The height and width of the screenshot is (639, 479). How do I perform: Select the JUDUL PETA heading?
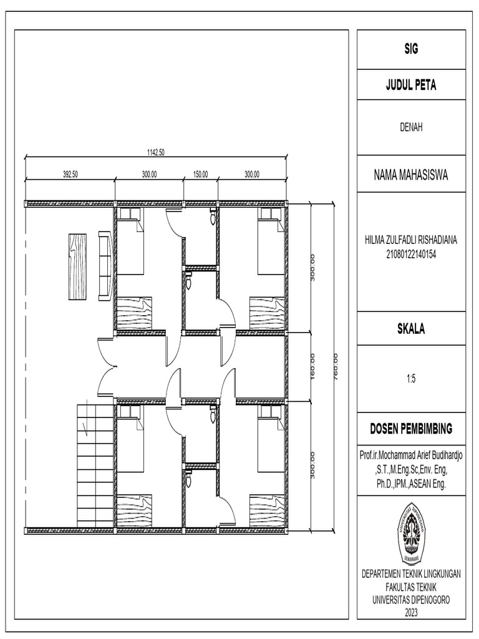[410, 86]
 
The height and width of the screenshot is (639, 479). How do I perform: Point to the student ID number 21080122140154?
[410, 251]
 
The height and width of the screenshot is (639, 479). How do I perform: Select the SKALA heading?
[410, 329]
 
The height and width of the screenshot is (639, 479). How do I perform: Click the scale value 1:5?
[410, 378]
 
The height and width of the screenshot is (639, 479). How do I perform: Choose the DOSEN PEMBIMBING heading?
[410, 429]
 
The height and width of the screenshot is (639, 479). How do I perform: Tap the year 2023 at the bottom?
[410, 613]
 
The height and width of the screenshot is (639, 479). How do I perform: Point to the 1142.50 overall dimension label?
[155, 152]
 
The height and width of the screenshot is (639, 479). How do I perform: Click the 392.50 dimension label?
[70, 175]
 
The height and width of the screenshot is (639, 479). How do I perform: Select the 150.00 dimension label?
[200, 175]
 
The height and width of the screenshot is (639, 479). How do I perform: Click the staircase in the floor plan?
[94, 465]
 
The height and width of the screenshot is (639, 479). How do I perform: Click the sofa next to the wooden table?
[105, 266]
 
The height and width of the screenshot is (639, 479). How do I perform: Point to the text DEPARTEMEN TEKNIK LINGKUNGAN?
[410, 575]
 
